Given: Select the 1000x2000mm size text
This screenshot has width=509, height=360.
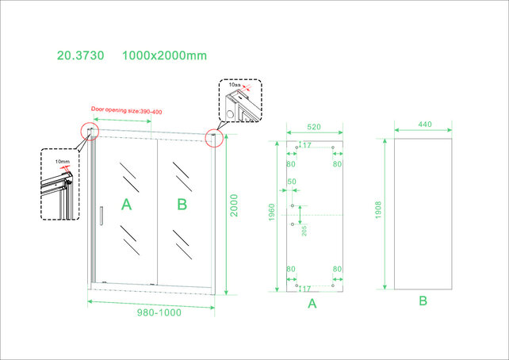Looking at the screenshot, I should tap(164, 56).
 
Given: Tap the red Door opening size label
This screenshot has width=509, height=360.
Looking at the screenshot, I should tap(126, 110).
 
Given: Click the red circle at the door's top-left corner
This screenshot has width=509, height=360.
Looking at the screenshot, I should tap(90, 131).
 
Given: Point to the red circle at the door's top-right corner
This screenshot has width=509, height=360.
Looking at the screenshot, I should tap(213, 138).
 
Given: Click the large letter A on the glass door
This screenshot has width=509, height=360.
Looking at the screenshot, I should tap(125, 205).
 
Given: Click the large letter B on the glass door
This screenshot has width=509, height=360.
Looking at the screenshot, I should tap(182, 205).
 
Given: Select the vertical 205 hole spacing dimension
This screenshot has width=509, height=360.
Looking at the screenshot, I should tap(304, 230).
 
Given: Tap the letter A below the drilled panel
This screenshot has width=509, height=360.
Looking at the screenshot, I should tap(312, 303).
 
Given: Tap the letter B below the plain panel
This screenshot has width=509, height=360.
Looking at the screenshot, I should tap(423, 301).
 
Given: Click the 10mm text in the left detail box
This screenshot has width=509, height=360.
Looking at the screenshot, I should tap(63, 162).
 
